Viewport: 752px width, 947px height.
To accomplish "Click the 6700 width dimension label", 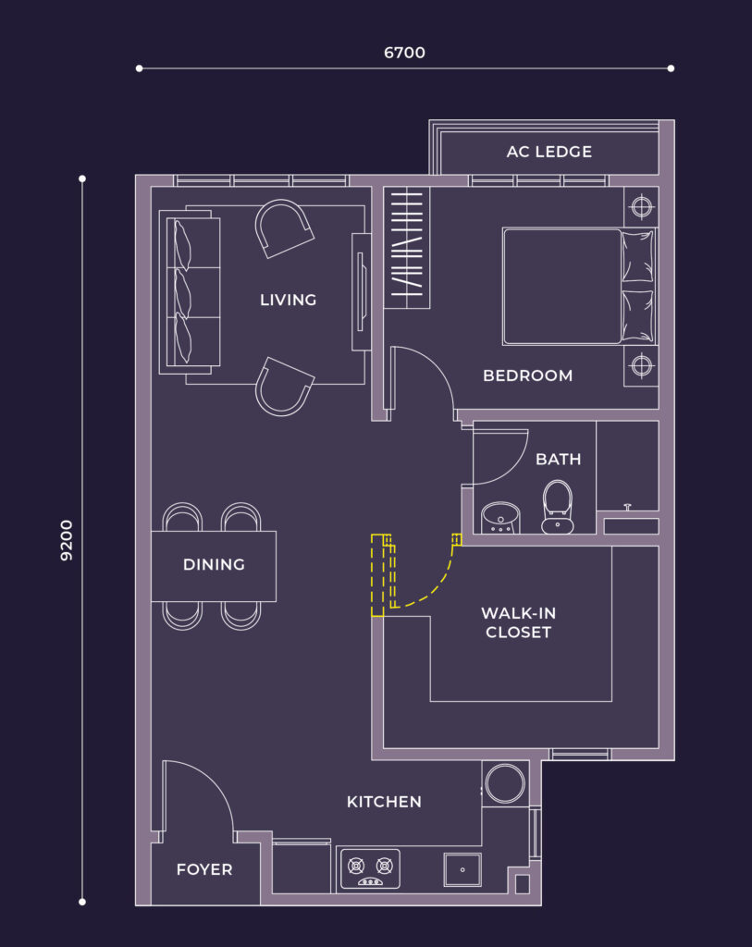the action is point(404,53).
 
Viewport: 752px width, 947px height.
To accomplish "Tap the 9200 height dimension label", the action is point(67,540).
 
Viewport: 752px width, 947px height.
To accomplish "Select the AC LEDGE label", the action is point(549,152).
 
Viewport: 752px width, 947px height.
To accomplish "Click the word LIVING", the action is point(288,300).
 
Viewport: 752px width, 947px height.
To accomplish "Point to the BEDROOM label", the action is point(527,375).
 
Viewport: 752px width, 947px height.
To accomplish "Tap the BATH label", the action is point(558,460).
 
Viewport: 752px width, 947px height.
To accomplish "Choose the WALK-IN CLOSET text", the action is point(518,622).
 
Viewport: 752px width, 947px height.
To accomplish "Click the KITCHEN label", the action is point(384,802).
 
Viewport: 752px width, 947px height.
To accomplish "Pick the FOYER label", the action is point(204,869).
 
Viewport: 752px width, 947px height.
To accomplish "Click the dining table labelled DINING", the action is point(214,566).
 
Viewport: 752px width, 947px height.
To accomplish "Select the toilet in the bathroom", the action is point(558,507).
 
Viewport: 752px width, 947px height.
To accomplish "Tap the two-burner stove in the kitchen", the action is point(370,868).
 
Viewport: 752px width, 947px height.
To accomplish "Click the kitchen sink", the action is point(462,869).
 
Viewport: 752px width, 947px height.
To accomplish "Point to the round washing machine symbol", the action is point(506,784).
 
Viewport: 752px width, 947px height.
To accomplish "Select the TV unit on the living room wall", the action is point(362,291).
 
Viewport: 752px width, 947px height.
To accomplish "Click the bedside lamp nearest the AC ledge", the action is point(641,206).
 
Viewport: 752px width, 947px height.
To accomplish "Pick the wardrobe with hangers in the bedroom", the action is point(407,248).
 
